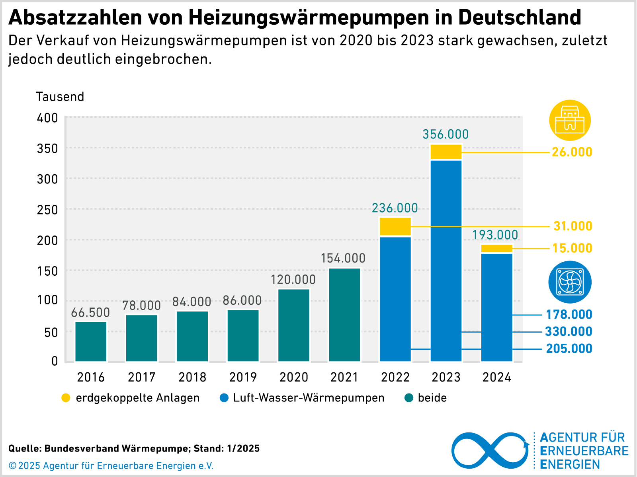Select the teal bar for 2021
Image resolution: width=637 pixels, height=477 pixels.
point(344,315)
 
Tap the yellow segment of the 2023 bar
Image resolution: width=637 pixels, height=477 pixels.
point(446,152)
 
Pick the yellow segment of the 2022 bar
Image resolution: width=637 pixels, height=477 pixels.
point(395,226)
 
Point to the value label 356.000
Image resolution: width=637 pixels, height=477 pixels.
point(446,134)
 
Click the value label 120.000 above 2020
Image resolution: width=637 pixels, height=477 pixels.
point(293,280)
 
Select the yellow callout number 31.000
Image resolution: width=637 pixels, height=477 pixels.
point(573,226)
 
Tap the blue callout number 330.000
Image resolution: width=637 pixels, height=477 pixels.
point(569,331)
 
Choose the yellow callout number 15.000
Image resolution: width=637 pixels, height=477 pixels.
point(572,248)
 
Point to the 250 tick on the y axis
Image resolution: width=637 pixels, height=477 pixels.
point(47,210)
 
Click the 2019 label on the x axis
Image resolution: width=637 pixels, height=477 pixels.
point(243,377)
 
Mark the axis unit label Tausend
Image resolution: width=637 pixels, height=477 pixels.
point(60,97)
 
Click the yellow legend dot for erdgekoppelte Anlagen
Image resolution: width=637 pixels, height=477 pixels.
point(66,398)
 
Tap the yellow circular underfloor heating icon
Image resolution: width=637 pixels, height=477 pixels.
point(570,120)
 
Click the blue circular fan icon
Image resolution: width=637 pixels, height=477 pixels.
point(570,282)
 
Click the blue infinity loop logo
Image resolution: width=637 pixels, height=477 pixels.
point(490,450)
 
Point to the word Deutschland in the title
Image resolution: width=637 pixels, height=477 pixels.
point(520,17)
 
